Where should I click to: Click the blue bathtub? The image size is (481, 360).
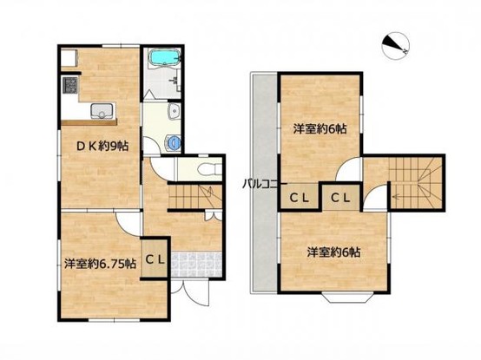pos(164,57)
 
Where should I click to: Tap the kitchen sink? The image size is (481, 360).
pos(102,111)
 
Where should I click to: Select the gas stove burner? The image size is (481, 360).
pos(69,85)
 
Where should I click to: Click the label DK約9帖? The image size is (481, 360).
pos(102,147)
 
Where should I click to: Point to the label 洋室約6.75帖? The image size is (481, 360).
pos(101,264)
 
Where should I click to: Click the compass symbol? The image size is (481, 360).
pos(395,46)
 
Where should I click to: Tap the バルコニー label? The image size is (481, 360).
pos(265,185)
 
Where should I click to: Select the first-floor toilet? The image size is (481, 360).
pos(210,169)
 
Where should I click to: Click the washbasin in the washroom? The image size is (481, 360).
pos(174,111)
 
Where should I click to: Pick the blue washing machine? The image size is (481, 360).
pos(173,143)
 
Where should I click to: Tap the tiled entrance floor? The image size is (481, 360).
pos(196,265)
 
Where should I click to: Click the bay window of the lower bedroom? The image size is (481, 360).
pos(347,298)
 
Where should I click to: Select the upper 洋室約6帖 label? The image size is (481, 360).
pos(320,129)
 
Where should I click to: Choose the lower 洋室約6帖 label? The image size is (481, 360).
pos(333,252)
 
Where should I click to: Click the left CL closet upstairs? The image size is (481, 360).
pos(300,198)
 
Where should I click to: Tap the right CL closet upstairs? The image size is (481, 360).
pos(340,198)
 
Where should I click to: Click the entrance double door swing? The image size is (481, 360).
pos(190,291)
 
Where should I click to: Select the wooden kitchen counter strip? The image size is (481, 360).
pos(89,122)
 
